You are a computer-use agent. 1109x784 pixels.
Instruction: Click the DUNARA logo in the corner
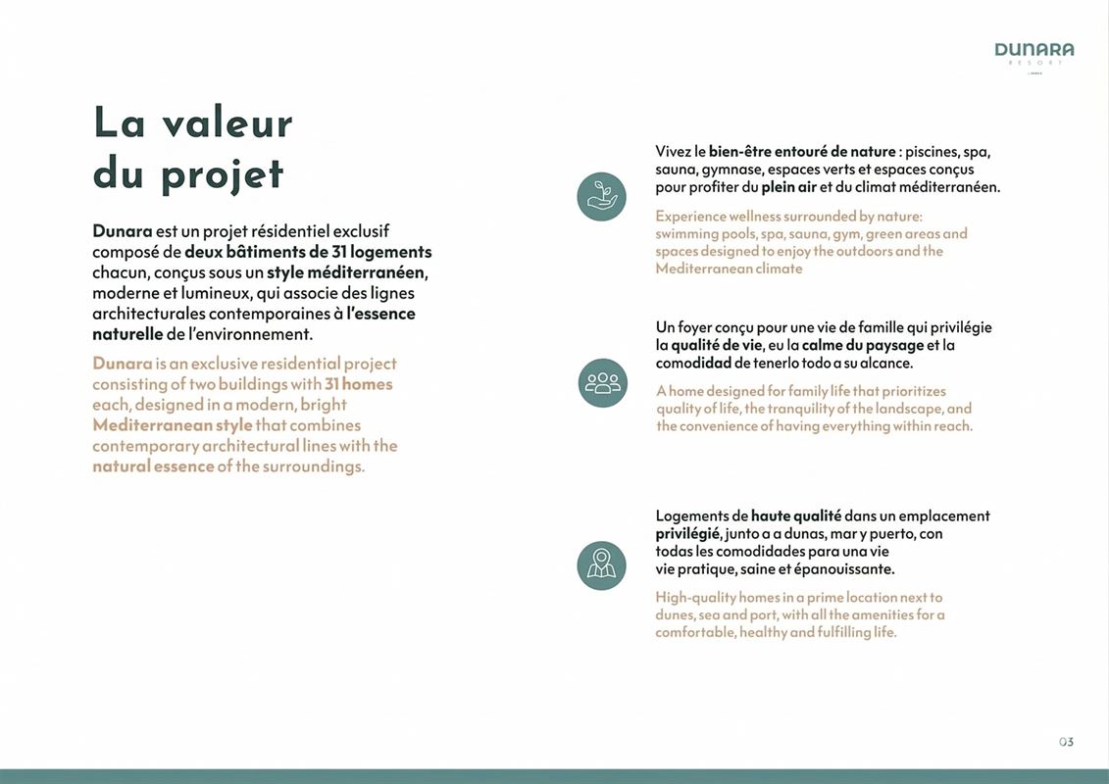pos(1033,50)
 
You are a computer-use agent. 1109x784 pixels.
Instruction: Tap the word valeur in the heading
pos(227,123)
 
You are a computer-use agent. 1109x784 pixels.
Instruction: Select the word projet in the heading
pos(223,174)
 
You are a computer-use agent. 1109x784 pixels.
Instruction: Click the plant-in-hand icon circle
pos(601,196)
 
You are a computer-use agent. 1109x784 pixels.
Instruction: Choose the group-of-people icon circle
pos(601,382)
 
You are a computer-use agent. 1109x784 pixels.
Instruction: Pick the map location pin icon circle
pos(601,565)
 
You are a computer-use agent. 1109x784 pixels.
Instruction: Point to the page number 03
pos(1066,742)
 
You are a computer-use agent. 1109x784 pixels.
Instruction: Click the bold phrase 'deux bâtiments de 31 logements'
pos(308,252)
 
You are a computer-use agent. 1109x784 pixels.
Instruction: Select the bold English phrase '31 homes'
pos(359,384)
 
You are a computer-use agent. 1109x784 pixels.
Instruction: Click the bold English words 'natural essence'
pos(153,466)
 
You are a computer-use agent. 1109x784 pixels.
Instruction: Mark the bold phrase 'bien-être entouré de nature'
pos(802,152)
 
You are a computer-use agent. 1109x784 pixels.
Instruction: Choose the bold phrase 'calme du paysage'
pos(863,345)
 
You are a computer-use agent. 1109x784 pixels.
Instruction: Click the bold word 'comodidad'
pos(693,363)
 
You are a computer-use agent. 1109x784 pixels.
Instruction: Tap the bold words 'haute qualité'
pos(795,515)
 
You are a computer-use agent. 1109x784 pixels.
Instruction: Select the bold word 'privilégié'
pos(688,534)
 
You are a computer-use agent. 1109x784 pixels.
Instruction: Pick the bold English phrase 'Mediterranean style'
pos(172,425)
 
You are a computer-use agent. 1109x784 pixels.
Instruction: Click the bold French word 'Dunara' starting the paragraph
pos(122,231)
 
